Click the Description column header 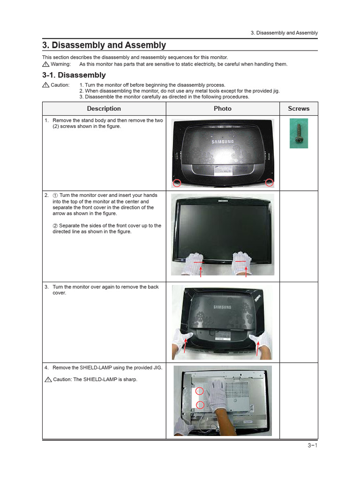(x=104, y=108)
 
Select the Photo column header (x=222, y=108)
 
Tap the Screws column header (x=299, y=108)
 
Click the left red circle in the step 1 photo (x=177, y=183)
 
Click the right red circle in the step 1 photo (x=270, y=182)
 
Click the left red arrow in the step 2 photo (x=201, y=271)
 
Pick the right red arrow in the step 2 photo (x=245, y=270)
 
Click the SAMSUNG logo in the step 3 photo (x=222, y=307)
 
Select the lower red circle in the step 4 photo (x=200, y=405)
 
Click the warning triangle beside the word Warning (x=45, y=64)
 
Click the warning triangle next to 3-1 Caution (x=45, y=85)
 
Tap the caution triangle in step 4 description (x=48, y=379)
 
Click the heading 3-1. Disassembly (x=74, y=75)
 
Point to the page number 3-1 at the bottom (x=313, y=445)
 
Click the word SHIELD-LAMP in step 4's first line (x=96, y=367)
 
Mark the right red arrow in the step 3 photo (x=257, y=346)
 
